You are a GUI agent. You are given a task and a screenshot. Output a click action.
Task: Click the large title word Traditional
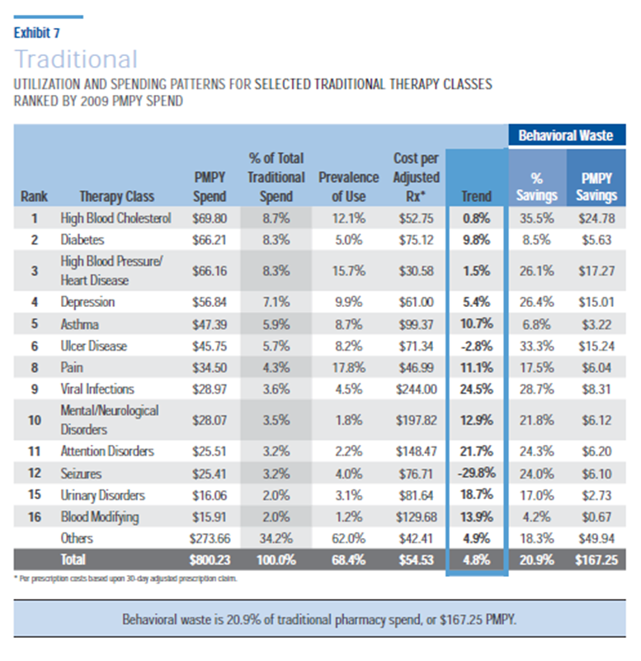click(x=76, y=59)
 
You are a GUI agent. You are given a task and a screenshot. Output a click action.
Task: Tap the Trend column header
click(x=476, y=196)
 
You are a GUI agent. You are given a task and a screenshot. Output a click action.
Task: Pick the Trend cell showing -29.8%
click(x=476, y=474)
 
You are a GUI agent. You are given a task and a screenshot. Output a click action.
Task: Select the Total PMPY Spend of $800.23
click(x=209, y=559)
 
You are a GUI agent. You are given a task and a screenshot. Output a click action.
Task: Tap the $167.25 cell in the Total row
click(x=596, y=559)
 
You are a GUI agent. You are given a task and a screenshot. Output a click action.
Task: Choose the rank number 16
click(x=34, y=517)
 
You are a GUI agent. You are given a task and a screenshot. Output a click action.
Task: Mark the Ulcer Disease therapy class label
click(x=93, y=345)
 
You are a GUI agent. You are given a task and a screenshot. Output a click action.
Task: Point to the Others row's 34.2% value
click(x=276, y=538)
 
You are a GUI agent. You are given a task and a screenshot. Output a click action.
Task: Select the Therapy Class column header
click(x=116, y=196)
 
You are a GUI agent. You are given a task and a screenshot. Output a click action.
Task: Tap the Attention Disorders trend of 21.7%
click(x=476, y=451)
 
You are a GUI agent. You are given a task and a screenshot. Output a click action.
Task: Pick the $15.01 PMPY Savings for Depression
click(x=596, y=302)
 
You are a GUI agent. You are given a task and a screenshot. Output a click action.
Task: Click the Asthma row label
click(x=80, y=323)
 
